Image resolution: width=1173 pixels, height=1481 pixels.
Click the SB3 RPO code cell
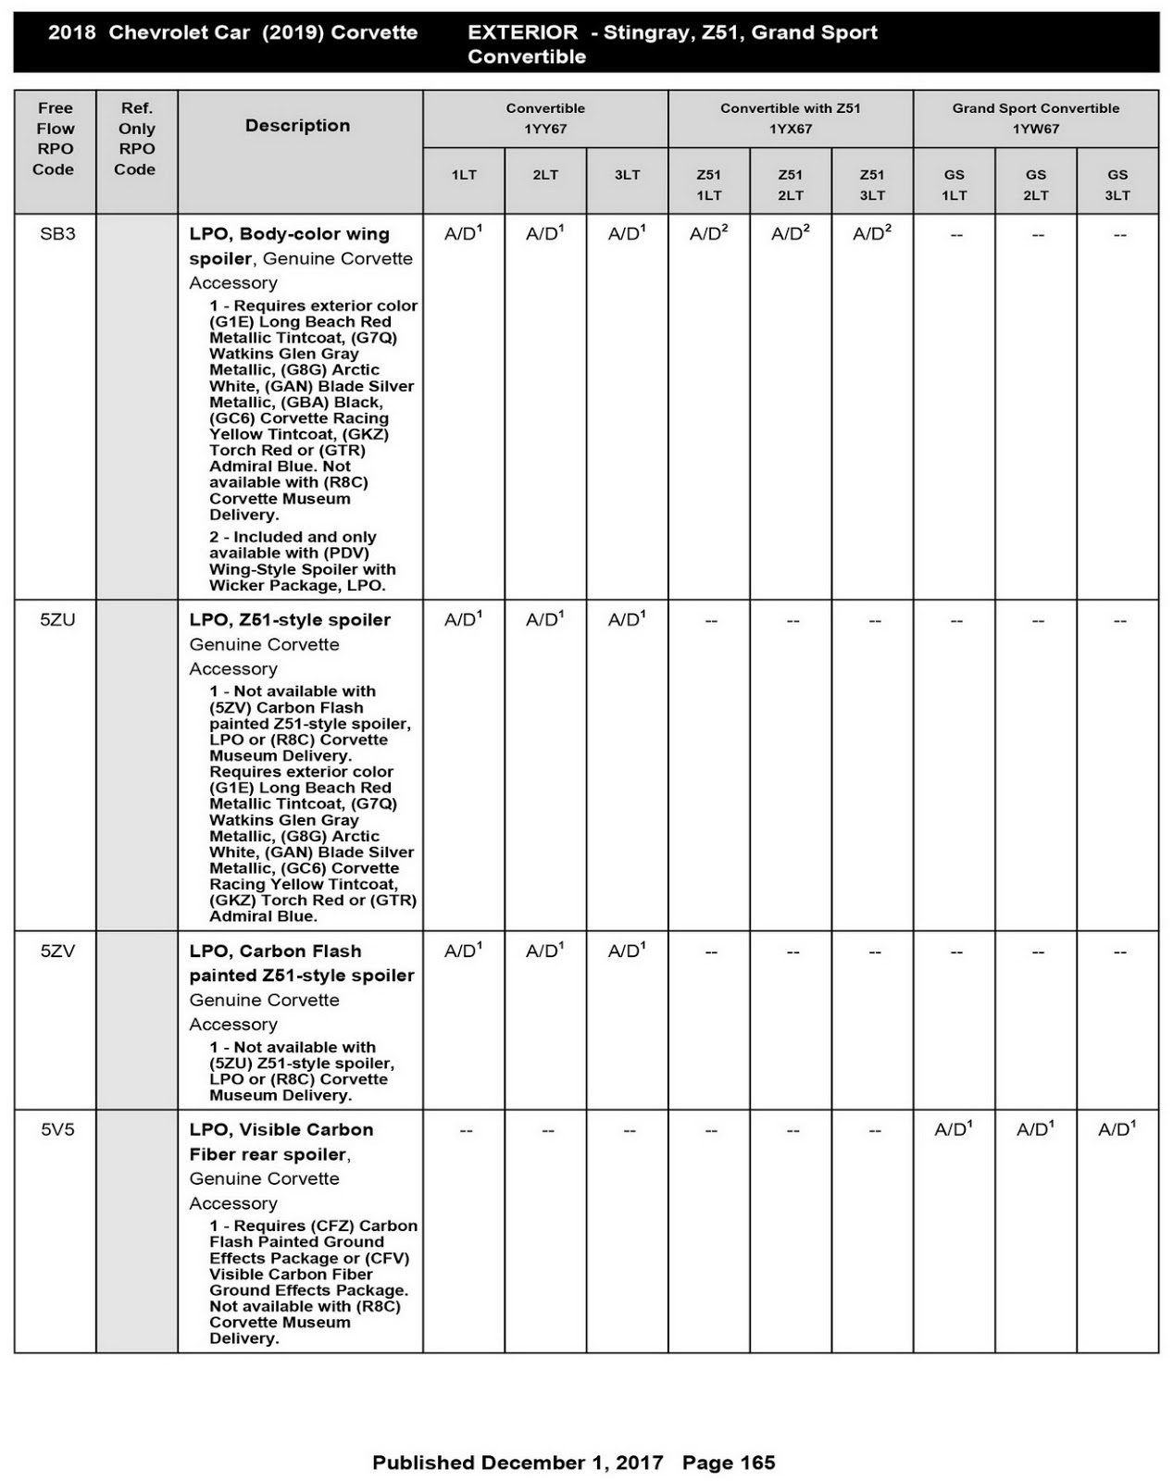tap(57, 234)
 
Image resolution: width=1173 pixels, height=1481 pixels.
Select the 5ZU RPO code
tap(57, 620)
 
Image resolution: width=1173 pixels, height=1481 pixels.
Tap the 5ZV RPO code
tap(57, 952)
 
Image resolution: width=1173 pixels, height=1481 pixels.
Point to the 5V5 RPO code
tap(57, 1130)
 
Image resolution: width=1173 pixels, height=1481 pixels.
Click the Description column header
tap(297, 126)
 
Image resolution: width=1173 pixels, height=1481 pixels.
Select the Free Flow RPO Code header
tap(55, 139)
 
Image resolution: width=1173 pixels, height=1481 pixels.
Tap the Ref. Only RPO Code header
tap(136, 139)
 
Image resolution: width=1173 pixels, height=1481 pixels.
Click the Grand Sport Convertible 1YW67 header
tap(1035, 118)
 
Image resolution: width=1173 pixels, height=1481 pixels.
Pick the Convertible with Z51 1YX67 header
tap(790, 118)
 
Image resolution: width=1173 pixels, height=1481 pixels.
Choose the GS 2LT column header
tap(1035, 184)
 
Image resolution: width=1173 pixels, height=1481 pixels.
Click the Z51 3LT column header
tap(871, 184)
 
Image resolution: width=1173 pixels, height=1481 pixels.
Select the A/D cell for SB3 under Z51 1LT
tap(708, 234)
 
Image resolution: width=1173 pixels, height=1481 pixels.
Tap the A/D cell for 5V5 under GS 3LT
tap(1117, 1129)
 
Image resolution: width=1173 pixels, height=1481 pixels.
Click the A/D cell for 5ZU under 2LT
tap(544, 620)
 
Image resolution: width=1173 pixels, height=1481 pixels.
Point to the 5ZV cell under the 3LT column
tap(627, 952)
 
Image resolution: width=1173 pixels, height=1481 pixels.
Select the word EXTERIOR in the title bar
tap(522, 32)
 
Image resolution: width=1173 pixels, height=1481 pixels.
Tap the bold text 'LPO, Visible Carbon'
tap(281, 1130)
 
